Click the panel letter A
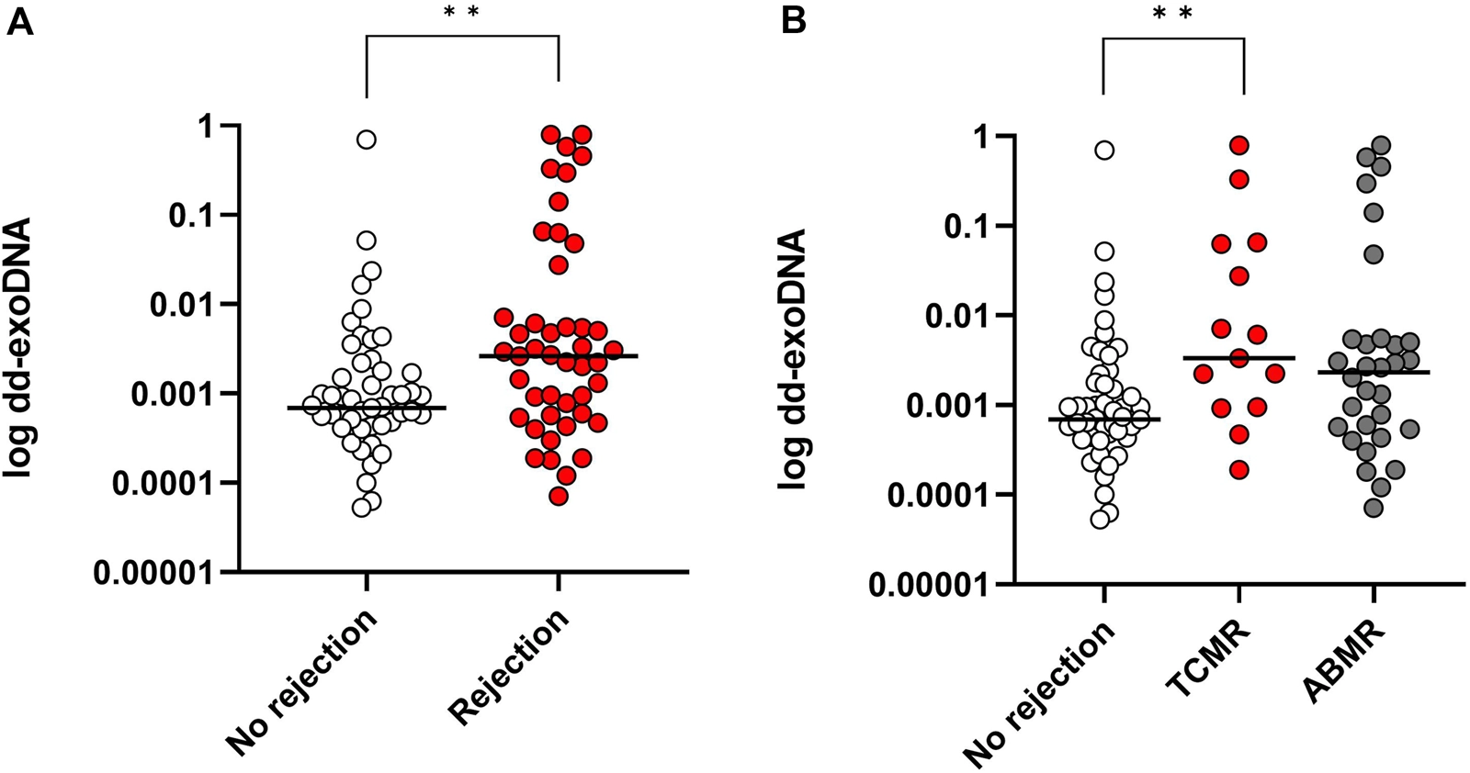[x=19, y=21]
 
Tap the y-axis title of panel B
[x=792, y=357]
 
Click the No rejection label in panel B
[x=1038, y=693]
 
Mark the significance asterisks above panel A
[x=461, y=13]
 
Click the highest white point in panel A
[x=367, y=140]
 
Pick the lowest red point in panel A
[x=558, y=497]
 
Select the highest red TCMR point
[x=1239, y=145]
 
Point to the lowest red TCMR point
[x=1239, y=470]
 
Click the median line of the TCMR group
[x=1239, y=358]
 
